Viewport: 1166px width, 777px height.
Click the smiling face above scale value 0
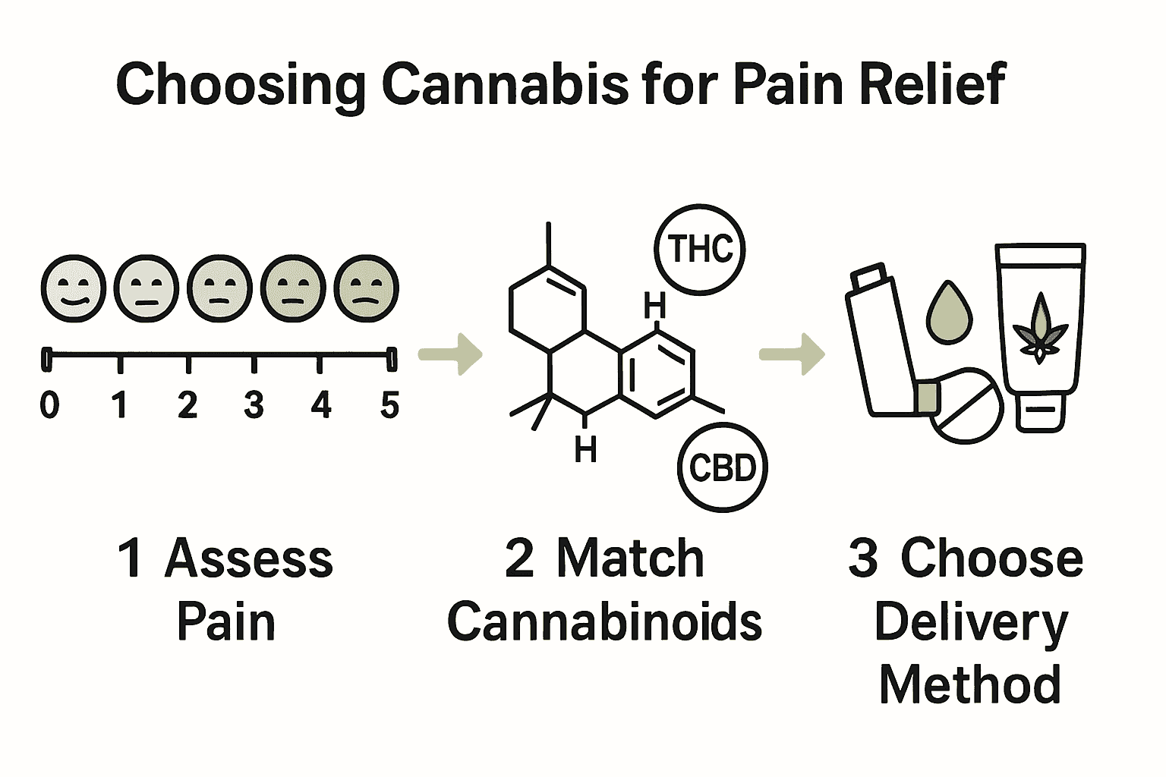pos(72,290)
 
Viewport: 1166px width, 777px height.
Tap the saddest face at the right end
pos(367,290)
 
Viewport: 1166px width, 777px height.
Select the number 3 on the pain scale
pos(254,406)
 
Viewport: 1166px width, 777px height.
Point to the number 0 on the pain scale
pos(49,406)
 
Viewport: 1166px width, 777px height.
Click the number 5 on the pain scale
pos(389,406)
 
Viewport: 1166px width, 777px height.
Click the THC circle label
pos(700,250)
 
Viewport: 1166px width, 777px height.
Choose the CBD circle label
pos(722,468)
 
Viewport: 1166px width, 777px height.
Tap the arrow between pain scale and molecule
pos(451,354)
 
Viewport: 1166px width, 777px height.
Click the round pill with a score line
pos(966,406)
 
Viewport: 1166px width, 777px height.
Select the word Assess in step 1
pos(248,559)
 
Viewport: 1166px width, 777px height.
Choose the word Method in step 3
pos(969,684)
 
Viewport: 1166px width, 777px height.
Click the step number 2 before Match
pos(519,559)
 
